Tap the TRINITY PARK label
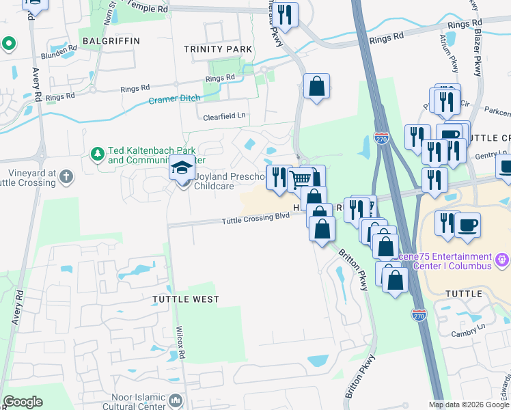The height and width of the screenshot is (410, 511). (x=218, y=49)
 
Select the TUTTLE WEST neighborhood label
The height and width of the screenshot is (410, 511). (x=185, y=299)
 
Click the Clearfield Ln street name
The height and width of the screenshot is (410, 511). (x=223, y=116)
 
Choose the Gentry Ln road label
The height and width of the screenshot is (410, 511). (x=486, y=156)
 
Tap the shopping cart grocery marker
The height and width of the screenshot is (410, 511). (x=301, y=179)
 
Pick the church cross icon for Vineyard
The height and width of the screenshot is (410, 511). (x=66, y=178)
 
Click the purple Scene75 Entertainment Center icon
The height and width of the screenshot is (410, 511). (x=503, y=259)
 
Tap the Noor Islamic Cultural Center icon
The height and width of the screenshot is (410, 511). (x=176, y=400)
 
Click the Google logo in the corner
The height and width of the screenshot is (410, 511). (x=23, y=402)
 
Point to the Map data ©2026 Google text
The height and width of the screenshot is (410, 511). (x=469, y=405)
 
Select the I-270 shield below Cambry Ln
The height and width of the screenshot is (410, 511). (x=419, y=315)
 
